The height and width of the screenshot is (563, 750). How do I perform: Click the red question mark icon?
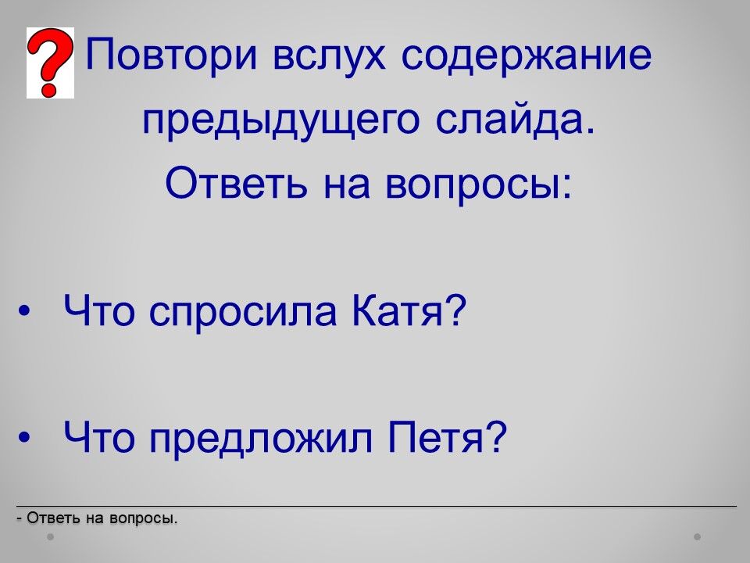pyautogui.click(x=50, y=63)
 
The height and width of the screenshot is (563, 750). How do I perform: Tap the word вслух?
pyautogui.click(x=329, y=53)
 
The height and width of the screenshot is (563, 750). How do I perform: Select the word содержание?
pyautogui.click(x=526, y=53)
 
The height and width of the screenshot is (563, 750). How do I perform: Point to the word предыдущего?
pyautogui.click(x=281, y=120)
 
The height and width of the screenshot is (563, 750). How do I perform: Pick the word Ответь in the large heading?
pyautogui.click(x=236, y=184)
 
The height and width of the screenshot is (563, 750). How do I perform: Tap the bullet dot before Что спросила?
pyautogui.click(x=24, y=312)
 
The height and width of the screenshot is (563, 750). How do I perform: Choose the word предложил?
pyautogui.click(x=261, y=439)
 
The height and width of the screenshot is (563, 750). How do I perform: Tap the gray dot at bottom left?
pyautogui.click(x=51, y=537)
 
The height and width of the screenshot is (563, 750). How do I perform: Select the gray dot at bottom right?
pyautogui.click(x=698, y=537)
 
